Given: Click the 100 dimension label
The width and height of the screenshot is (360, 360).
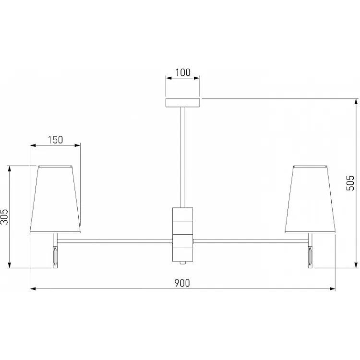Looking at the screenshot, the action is coord(183,72).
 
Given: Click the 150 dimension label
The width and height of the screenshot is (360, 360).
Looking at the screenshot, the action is coord(55,140).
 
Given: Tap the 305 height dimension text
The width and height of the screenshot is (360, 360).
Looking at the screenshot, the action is coord(4,217).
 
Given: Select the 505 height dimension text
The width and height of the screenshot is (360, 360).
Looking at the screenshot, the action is coord(350,183).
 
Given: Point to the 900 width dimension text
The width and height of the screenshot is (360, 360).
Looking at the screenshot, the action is coord(182,283).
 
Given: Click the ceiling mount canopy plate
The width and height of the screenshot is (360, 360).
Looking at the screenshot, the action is coord(182,103).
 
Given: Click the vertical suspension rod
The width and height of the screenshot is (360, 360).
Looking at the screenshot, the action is coord(182,157).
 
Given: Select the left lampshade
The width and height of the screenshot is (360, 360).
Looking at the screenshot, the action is coord(55,199).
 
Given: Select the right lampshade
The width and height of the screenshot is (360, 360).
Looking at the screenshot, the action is coord(310,199).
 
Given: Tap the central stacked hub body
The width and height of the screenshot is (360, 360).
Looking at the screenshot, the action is coord(182,234).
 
